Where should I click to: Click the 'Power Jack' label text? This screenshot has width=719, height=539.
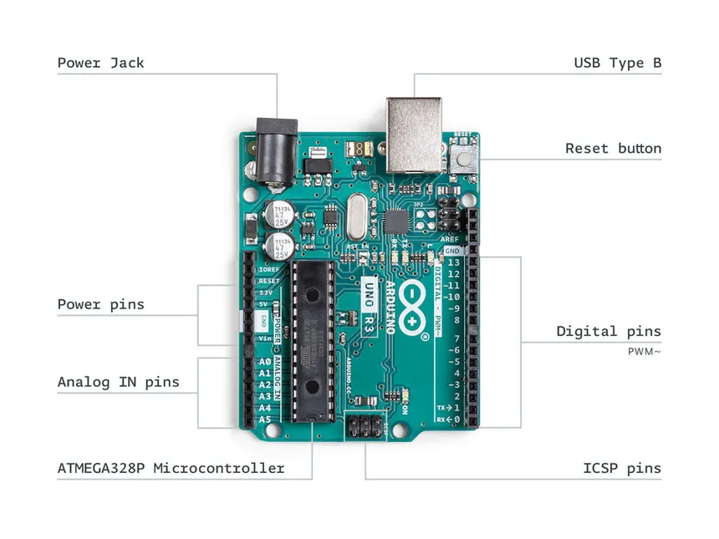[x=100, y=63]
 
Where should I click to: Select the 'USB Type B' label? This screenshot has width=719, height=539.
[x=617, y=63]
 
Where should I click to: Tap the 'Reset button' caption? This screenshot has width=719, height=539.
[x=613, y=149]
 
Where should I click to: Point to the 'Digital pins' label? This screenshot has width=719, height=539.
[x=609, y=332]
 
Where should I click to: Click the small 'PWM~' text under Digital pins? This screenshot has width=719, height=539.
[x=644, y=352]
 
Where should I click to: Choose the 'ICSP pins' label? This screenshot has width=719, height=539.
[x=621, y=468]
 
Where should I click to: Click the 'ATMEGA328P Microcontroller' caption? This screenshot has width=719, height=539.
[x=171, y=468]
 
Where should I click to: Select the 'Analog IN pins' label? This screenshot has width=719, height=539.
[x=118, y=382]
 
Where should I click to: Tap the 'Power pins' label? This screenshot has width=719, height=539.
[x=100, y=304]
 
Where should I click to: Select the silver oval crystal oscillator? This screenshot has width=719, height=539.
[x=359, y=216]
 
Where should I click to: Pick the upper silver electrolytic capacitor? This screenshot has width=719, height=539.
[x=278, y=214]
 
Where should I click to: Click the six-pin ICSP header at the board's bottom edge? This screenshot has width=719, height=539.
[x=365, y=428]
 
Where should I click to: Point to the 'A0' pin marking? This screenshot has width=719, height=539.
[x=264, y=363]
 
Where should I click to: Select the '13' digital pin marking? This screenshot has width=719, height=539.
[x=453, y=262]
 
